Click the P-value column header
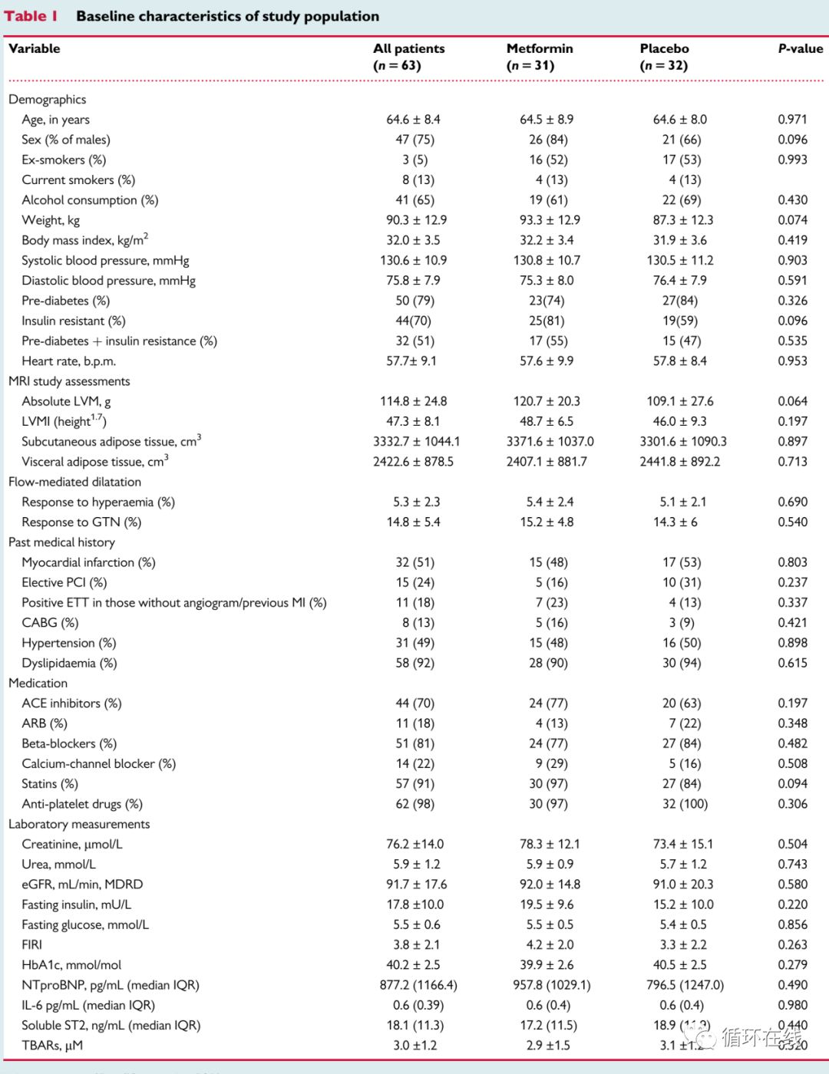point(800,48)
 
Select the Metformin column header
point(540,49)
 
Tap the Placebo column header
point(664,49)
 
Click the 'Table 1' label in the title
point(31,16)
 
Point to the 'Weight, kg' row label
point(51,220)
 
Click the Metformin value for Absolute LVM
point(547,401)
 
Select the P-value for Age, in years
point(792,120)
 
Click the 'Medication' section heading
point(38,683)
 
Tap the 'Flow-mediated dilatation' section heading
point(74,482)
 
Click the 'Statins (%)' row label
point(50,784)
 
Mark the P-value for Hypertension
point(792,643)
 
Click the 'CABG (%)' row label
point(50,623)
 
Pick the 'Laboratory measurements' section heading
point(79,824)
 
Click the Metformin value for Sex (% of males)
point(548,140)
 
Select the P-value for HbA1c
point(792,965)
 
